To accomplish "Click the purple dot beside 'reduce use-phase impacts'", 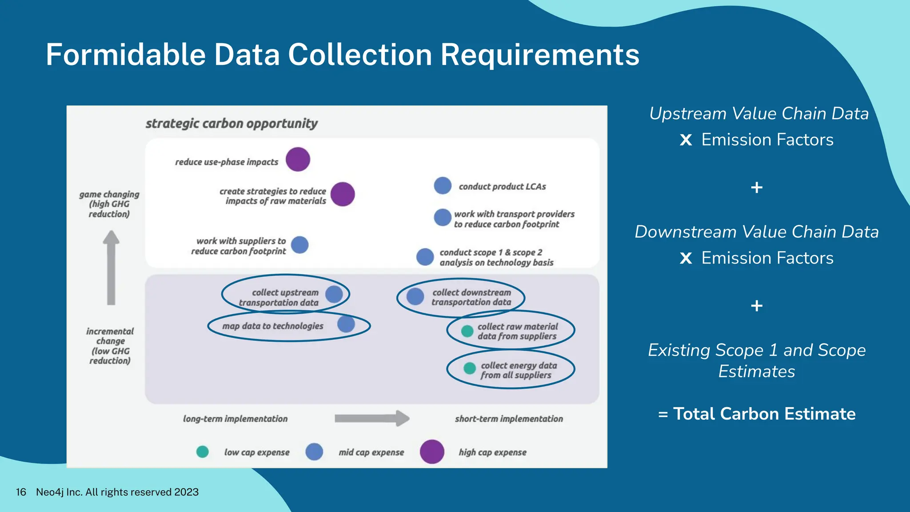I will click(298, 160).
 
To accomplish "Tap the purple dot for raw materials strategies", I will click(343, 194).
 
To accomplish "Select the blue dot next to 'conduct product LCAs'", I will click(443, 186).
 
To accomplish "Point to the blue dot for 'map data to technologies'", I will click(346, 324).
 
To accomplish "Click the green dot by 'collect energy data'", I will click(470, 368).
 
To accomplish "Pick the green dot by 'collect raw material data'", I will click(467, 331).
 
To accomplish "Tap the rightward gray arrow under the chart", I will click(371, 418).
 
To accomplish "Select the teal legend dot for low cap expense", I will click(203, 452).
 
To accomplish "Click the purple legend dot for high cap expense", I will click(432, 452).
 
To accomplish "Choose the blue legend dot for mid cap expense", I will click(314, 452).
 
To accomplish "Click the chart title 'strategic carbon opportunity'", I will click(231, 124).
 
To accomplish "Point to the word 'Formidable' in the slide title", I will click(126, 55).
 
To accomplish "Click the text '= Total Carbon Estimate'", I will click(757, 414).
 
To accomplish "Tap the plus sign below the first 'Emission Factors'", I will click(757, 188).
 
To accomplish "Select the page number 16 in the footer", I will click(21, 492).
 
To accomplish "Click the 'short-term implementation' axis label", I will click(509, 419).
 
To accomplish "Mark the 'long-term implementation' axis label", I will click(235, 419).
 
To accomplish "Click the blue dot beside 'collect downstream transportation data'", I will click(415, 296).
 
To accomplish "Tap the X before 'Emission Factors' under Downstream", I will click(686, 258).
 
